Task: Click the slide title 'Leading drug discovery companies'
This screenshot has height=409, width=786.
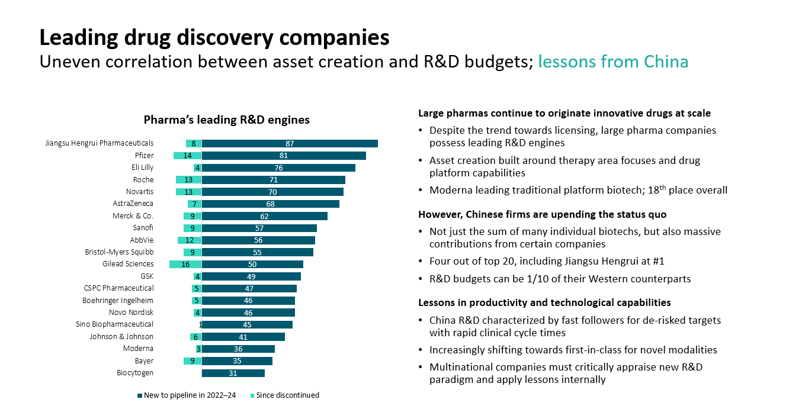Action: click(x=214, y=37)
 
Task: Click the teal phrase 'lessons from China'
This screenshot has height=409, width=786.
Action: click(x=613, y=62)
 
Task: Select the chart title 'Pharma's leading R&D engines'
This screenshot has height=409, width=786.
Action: click(x=226, y=120)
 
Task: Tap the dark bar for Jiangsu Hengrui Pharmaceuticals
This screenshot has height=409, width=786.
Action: click(x=290, y=143)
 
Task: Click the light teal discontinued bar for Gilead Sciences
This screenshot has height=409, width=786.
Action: click(x=185, y=264)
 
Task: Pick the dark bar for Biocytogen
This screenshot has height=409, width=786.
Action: click(x=233, y=373)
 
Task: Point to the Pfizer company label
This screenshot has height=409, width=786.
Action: click(x=144, y=155)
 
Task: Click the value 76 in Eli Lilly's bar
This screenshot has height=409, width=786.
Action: click(x=278, y=168)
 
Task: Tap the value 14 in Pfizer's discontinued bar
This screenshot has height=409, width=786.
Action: click(x=187, y=156)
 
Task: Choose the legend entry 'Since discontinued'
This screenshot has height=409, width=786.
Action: click(x=287, y=395)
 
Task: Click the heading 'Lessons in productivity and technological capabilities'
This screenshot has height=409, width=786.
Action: click(x=544, y=302)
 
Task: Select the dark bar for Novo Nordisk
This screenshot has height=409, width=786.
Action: click(x=248, y=313)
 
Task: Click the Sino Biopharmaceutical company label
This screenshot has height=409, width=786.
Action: click(x=114, y=324)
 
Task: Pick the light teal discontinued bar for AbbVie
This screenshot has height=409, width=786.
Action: click(x=190, y=240)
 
